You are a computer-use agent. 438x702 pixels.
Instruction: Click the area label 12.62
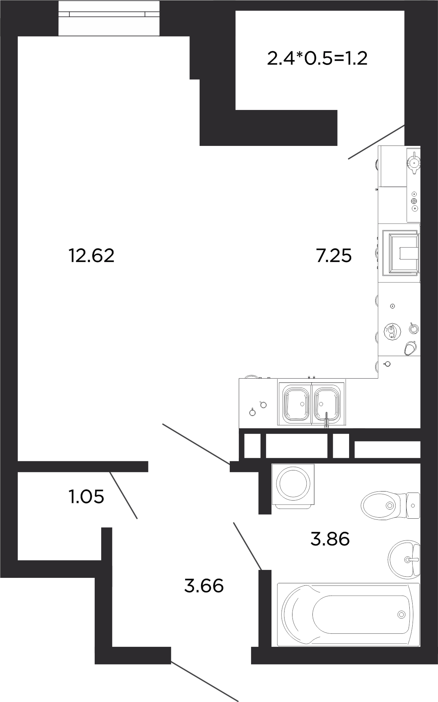[x=91, y=256]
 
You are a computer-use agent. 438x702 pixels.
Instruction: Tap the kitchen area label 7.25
[x=334, y=256]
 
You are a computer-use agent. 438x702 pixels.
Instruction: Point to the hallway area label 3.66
[x=204, y=585]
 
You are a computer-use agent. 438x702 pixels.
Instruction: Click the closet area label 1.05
[x=86, y=496]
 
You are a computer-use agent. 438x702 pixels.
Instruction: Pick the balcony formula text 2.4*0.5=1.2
[x=317, y=58]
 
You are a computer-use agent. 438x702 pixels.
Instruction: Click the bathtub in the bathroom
[x=348, y=615]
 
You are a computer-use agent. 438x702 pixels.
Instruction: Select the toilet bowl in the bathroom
[x=390, y=505]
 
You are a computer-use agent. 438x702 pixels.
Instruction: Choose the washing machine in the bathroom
[x=293, y=485]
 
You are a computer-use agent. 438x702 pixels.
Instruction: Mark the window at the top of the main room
[x=109, y=18]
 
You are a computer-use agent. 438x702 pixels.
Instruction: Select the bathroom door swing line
[x=247, y=546]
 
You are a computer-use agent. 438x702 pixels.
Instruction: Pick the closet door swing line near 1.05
[x=123, y=495]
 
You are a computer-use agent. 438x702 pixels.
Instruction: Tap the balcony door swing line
[x=376, y=142]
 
